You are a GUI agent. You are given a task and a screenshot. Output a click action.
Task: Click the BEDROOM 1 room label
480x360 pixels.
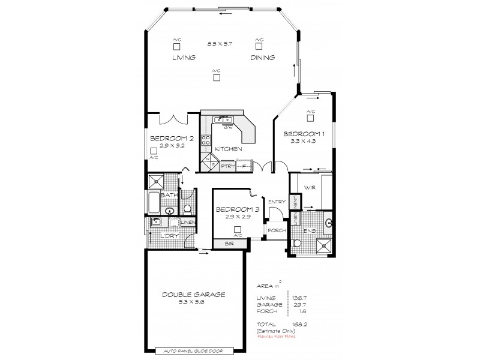304,134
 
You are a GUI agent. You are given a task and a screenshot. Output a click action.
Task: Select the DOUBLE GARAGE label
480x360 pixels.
194,295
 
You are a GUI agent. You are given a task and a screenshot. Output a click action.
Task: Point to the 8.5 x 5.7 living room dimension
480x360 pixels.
220,44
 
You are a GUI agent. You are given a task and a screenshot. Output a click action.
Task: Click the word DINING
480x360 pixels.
263,58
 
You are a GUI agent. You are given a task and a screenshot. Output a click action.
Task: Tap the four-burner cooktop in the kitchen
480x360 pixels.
206,140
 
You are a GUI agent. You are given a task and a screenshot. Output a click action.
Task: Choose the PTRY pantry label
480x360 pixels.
227,166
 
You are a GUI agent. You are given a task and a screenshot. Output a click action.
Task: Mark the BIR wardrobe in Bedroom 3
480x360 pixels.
229,244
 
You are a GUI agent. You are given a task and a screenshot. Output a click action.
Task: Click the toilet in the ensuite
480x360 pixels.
297,243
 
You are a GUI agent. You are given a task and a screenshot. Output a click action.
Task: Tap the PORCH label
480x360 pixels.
277,230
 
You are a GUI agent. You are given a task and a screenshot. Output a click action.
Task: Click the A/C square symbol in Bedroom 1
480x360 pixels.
310,118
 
